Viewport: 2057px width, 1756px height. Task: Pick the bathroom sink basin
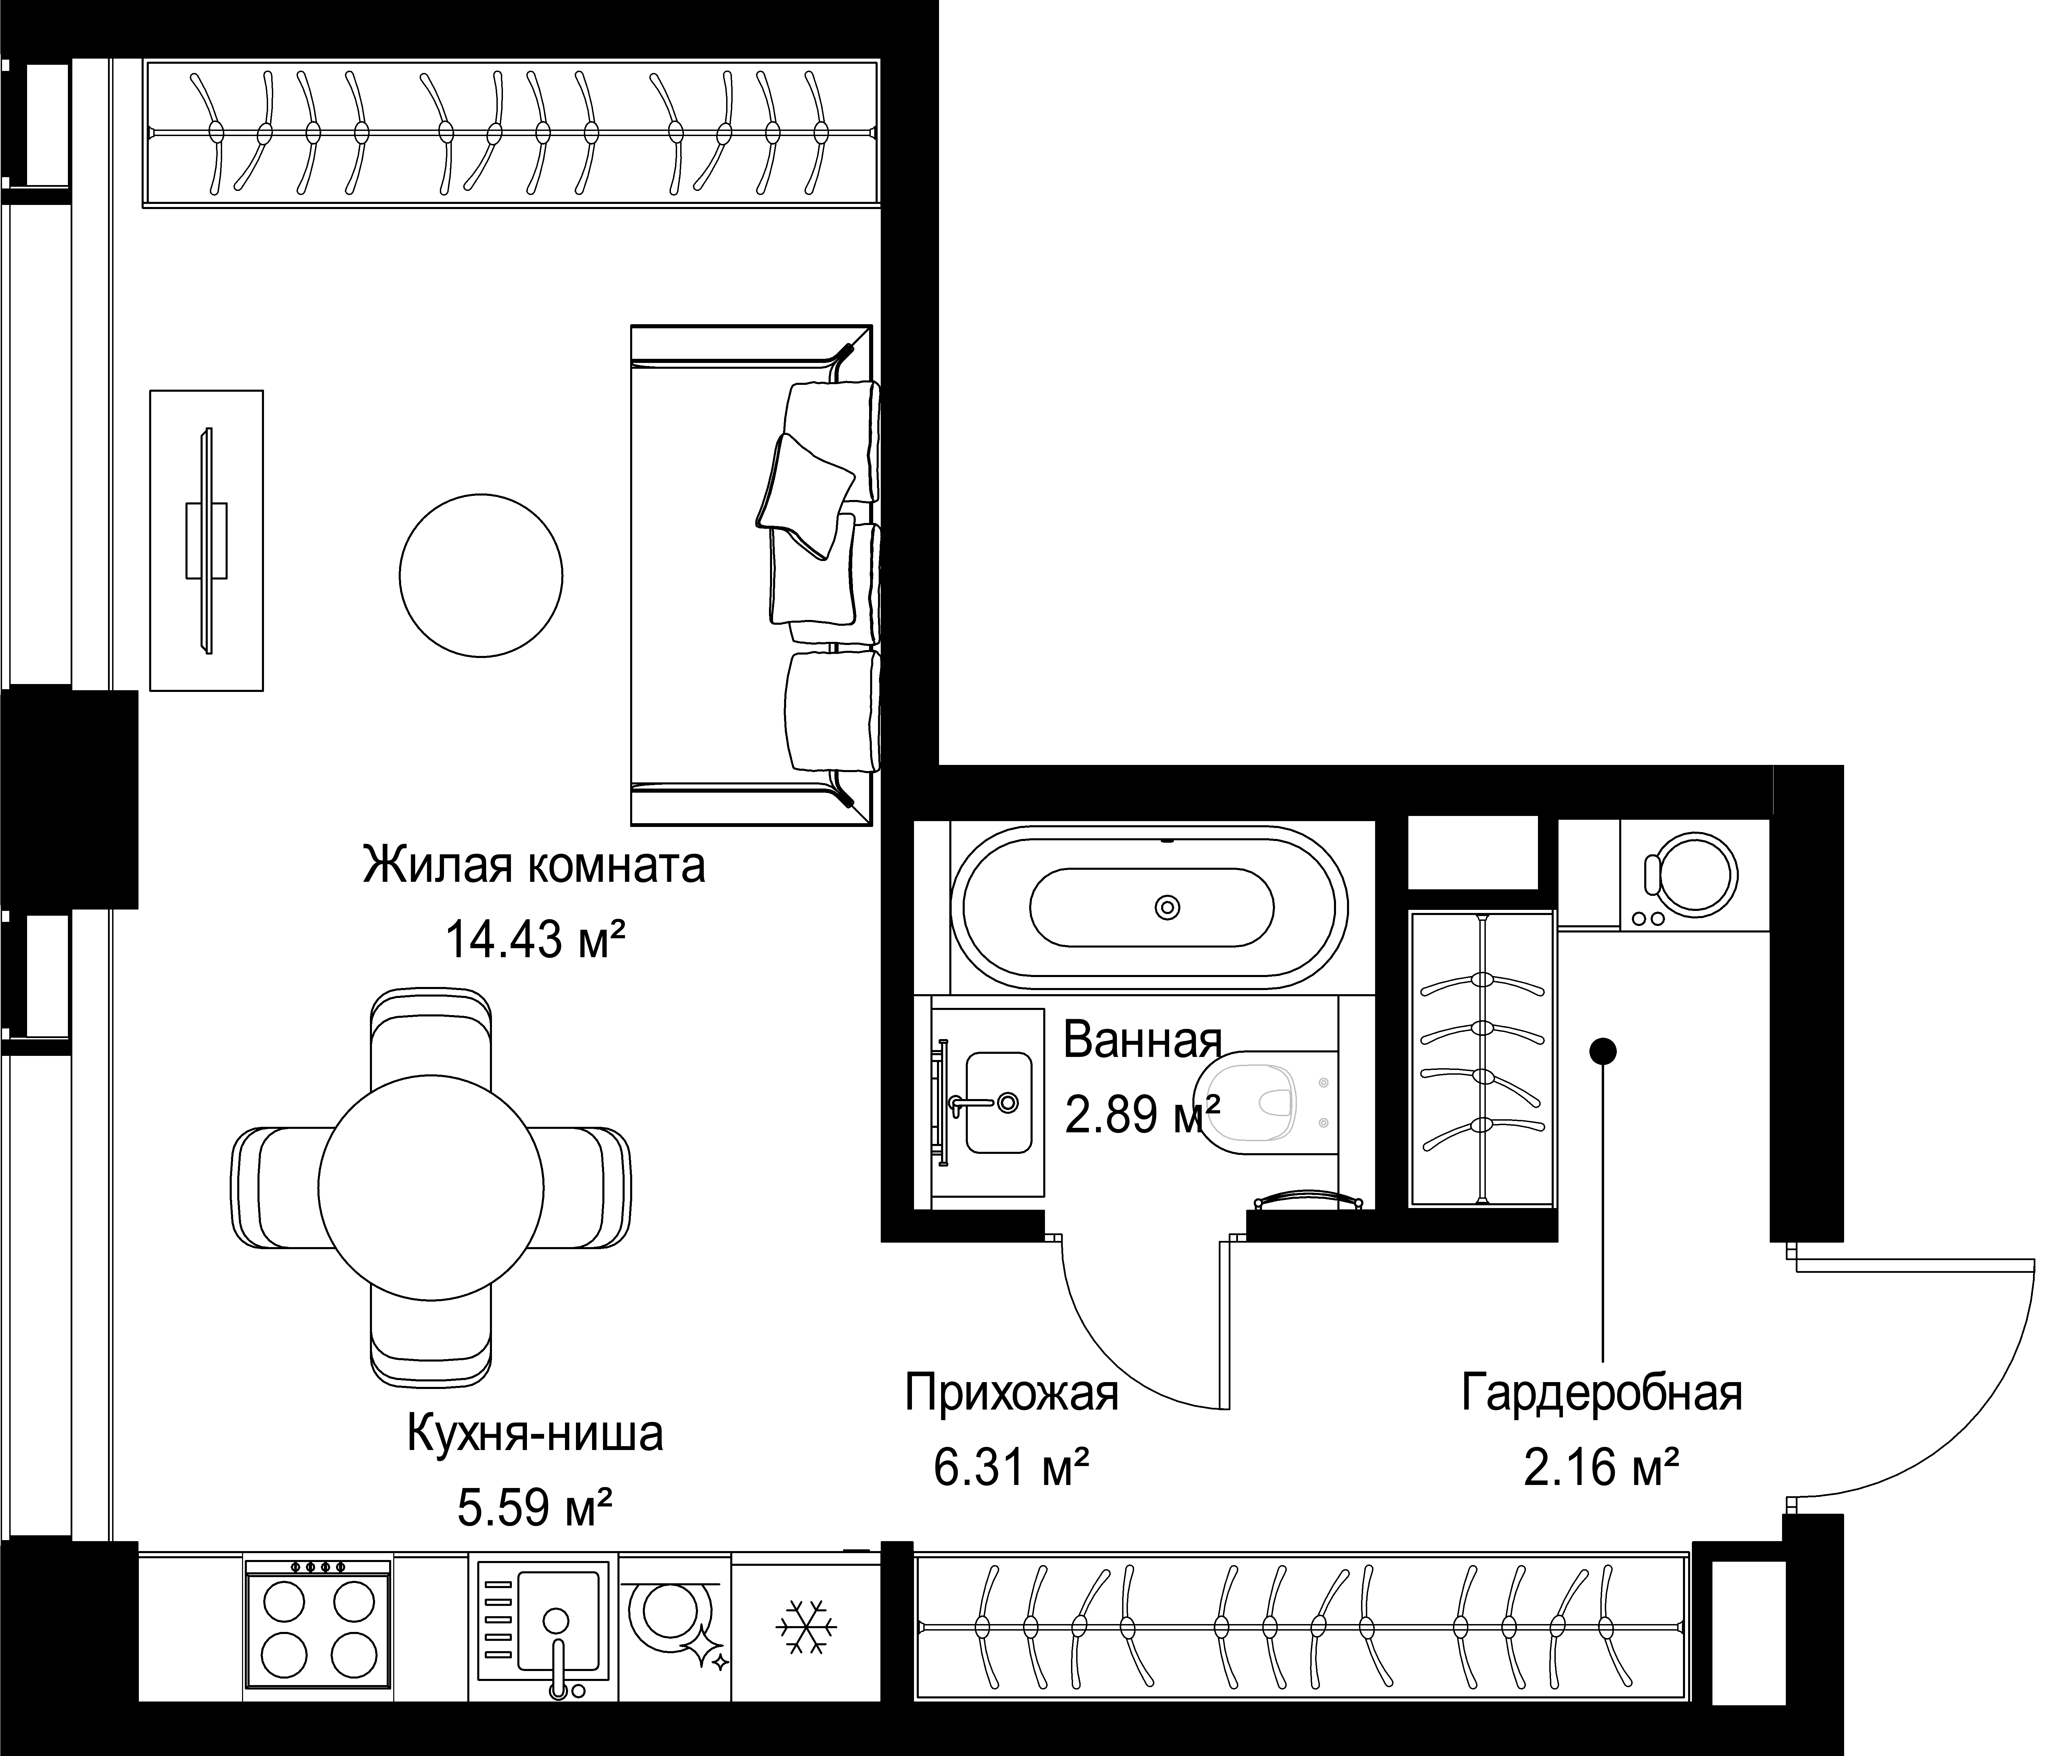(x=999, y=1103)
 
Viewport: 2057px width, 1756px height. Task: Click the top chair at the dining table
(x=431, y=1037)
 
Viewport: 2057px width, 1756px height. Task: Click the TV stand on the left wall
(x=206, y=540)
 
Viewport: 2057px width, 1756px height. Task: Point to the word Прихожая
(x=1012, y=1393)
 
